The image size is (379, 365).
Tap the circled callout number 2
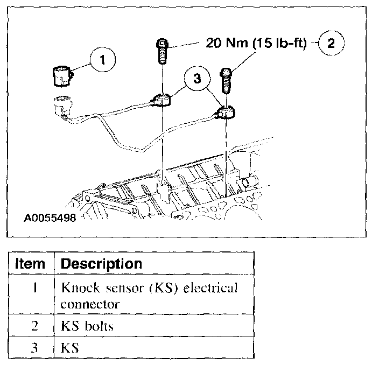click(x=331, y=44)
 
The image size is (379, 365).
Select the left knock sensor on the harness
click(x=161, y=100)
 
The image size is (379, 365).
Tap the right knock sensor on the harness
click(x=226, y=114)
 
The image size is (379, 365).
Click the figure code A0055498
click(x=50, y=219)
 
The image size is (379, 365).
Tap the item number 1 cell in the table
click(x=33, y=287)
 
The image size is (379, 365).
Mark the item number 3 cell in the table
click(x=33, y=348)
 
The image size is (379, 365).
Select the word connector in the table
click(x=90, y=304)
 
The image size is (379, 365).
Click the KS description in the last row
click(x=71, y=348)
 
